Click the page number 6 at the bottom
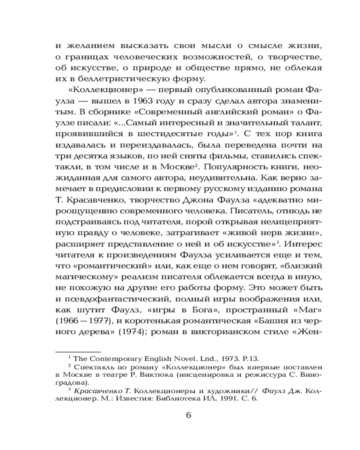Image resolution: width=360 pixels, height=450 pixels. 189,415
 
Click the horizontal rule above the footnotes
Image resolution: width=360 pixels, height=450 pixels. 77,351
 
